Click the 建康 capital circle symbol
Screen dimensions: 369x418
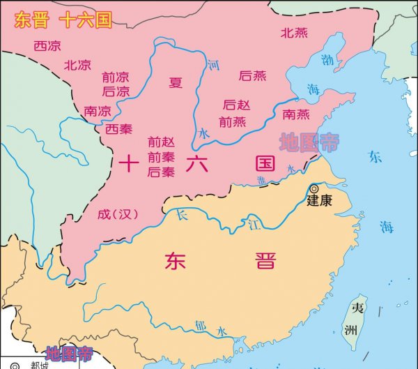(x=314, y=188)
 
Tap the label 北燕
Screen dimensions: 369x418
(x=293, y=32)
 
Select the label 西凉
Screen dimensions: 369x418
(x=47, y=46)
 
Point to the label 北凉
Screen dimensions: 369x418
(x=77, y=65)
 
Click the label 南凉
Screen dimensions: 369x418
(x=97, y=110)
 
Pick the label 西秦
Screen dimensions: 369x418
(x=118, y=128)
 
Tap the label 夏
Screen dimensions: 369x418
(x=176, y=82)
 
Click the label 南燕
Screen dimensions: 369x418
(x=297, y=114)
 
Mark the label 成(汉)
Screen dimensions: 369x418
(x=118, y=214)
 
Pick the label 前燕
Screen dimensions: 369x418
(x=232, y=121)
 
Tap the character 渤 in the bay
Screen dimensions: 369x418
(x=326, y=59)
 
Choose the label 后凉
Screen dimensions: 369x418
(x=116, y=91)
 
